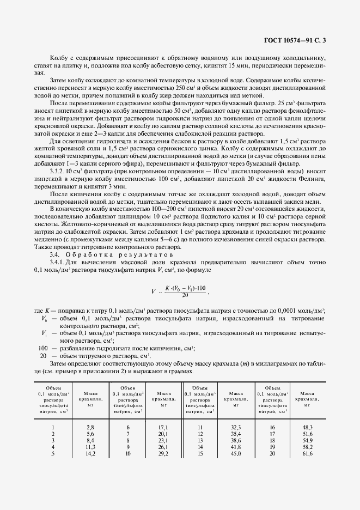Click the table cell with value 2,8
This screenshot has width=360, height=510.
click(x=90, y=428)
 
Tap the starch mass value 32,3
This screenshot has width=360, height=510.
click(x=236, y=428)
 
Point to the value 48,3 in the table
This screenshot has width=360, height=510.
click(x=307, y=428)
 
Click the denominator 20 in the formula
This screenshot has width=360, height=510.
click(x=185, y=294)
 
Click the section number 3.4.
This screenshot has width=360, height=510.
click(x=54, y=254)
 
